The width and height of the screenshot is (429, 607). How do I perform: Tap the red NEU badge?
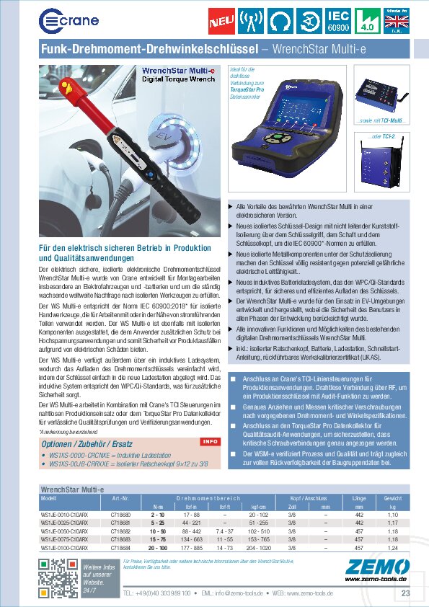pos(218,22)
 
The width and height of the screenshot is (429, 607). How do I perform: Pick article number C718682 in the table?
pos(120,530)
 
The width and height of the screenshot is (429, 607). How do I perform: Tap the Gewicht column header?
pos(393,498)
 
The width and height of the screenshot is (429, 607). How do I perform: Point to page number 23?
pos(405,593)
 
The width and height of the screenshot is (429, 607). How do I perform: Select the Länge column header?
pos(360,498)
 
